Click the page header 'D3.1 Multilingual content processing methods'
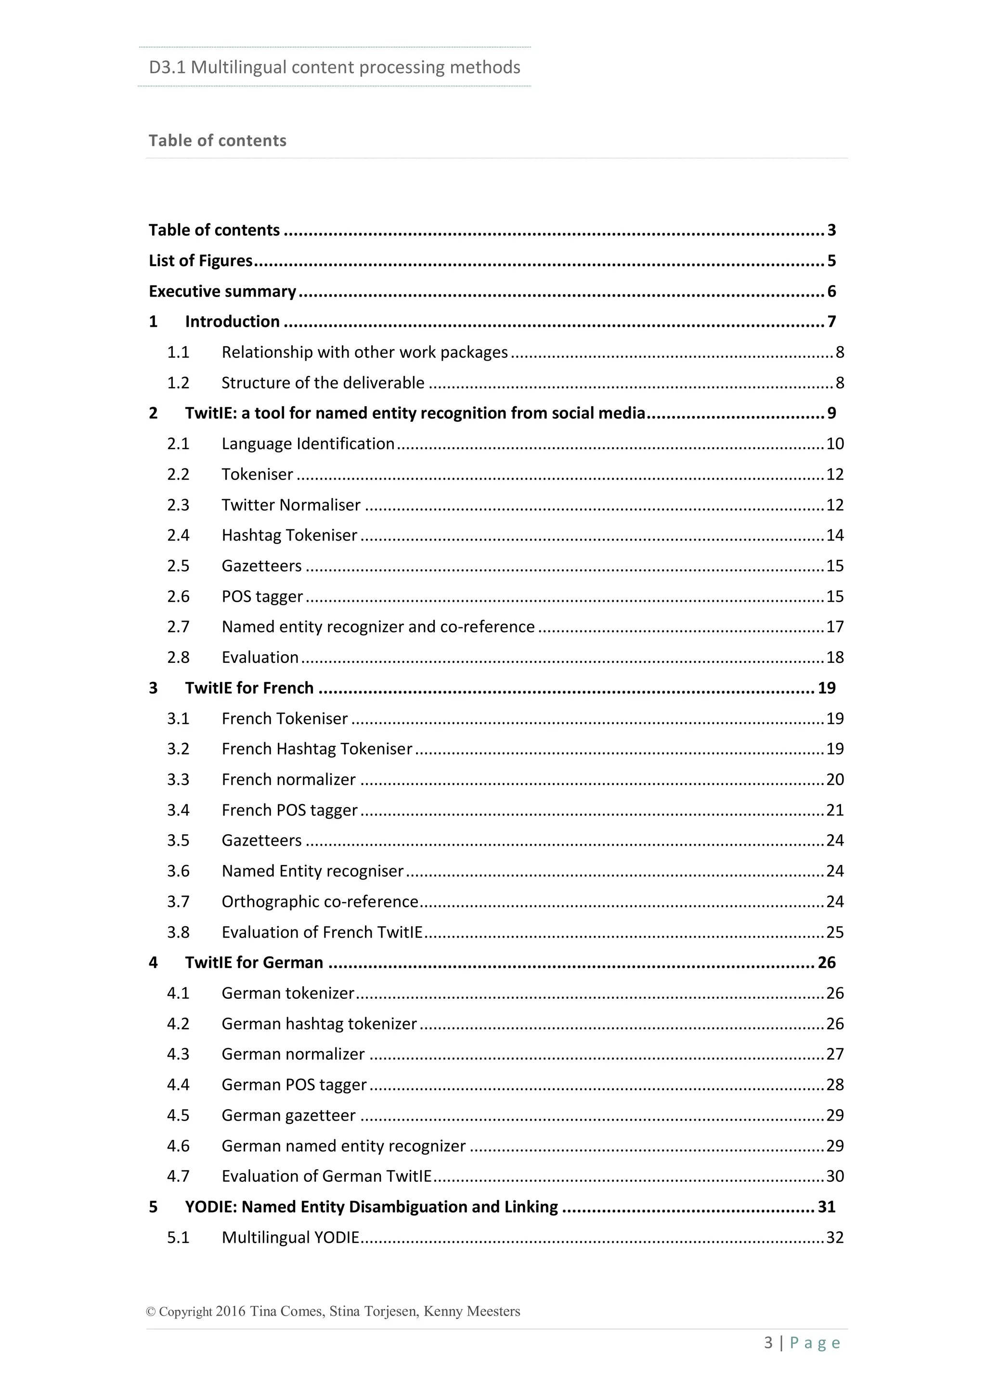tap(334, 67)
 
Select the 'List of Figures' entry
tap(200, 260)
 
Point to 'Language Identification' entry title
tap(308, 444)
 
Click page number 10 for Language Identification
tap(835, 444)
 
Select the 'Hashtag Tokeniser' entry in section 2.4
tap(289, 535)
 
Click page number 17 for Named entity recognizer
tap(835, 627)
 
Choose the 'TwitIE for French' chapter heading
tap(249, 688)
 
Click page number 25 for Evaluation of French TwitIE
tap(835, 932)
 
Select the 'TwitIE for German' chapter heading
tap(254, 962)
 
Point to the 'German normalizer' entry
tap(293, 1054)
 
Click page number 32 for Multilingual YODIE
tap(835, 1238)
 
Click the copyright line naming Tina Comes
tap(333, 1311)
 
